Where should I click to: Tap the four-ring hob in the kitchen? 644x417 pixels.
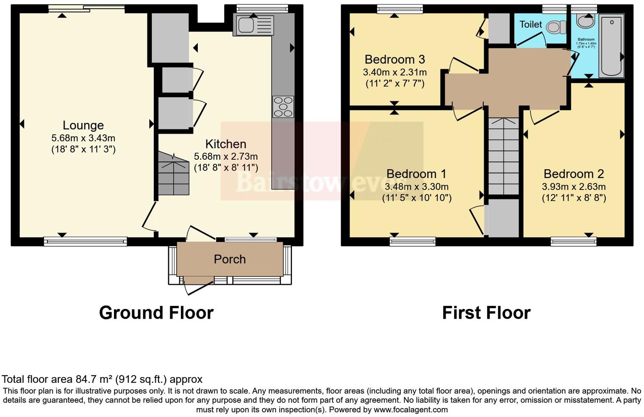[283, 107]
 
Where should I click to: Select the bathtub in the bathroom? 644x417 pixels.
[611, 46]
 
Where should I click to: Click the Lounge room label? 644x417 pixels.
[83, 125]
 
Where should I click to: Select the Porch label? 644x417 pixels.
[230, 259]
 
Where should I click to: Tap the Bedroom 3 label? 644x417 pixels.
[394, 59]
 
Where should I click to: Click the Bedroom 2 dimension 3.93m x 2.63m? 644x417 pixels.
[574, 186]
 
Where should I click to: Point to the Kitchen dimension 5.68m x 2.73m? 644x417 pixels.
[226, 156]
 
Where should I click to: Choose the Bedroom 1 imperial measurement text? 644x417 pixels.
[416, 197]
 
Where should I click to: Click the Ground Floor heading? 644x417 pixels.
[156, 313]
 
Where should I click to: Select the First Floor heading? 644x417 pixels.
[486, 313]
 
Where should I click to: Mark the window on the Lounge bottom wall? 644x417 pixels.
[85, 241]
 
